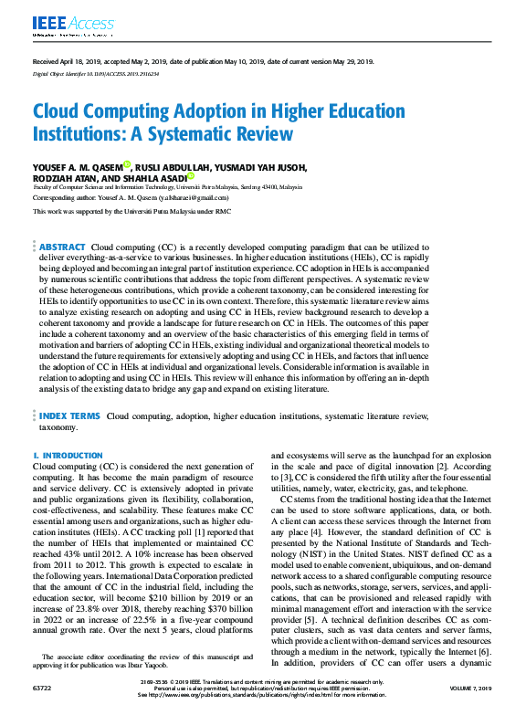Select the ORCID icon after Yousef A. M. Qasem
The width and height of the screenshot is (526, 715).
pos(127,165)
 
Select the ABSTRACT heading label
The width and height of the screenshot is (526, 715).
pos(62,247)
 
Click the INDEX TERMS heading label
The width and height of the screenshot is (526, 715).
pos(68,416)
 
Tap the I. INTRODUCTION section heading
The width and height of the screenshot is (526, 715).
pos(68,455)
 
